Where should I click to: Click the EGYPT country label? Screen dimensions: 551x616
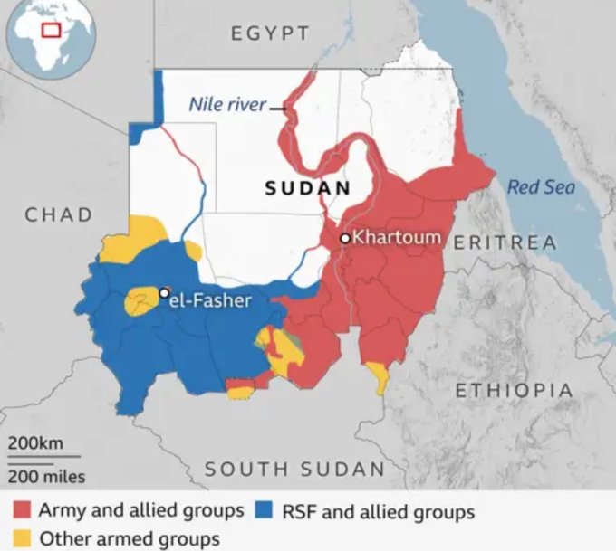pyautogui.click(x=270, y=33)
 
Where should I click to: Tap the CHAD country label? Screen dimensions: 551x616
pyautogui.click(x=59, y=214)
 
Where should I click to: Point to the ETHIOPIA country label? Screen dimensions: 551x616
pyautogui.click(x=514, y=391)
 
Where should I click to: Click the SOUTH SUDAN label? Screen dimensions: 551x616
pyautogui.click(x=294, y=469)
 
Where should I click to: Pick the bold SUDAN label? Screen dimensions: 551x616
pyautogui.click(x=307, y=188)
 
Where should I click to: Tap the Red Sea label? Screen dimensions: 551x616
pyautogui.click(x=541, y=187)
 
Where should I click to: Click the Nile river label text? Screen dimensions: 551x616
pyautogui.click(x=226, y=105)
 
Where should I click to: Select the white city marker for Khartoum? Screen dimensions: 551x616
pyautogui.click(x=344, y=239)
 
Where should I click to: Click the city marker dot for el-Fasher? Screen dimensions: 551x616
pyautogui.click(x=164, y=292)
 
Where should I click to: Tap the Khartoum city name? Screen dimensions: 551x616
pyautogui.click(x=397, y=238)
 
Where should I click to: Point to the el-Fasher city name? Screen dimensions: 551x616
pyautogui.click(x=210, y=299)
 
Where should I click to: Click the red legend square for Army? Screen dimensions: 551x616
pyautogui.click(x=22, y=511)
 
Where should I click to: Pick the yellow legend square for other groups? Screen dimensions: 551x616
pyautogui.click(x=22, y=538)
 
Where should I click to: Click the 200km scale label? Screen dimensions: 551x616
pyautogui.click(x=36, y=443)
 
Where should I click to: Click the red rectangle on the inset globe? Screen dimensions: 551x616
pyautogui.click(x=53, y=29)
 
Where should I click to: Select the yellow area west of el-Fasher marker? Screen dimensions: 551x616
pyautogui.click(x=140, y=300)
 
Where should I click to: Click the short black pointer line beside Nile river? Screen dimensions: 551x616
pyautogui.click(x=278, y=108)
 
